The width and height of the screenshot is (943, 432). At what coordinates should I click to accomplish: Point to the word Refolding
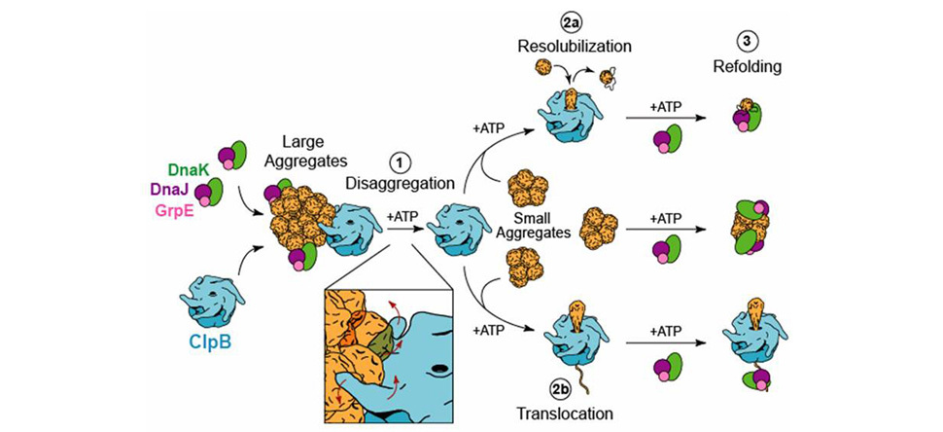748,67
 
